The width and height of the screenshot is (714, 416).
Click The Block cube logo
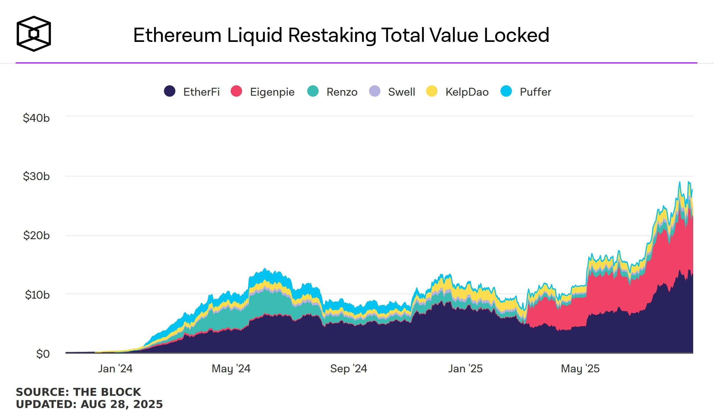[34, 34]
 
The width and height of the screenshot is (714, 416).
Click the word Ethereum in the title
[177, 35]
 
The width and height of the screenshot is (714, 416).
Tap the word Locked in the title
[516, 35]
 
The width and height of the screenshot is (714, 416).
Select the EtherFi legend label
[201, 92]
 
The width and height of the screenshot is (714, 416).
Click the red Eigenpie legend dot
[236, 91]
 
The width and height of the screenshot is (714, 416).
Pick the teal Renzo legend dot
[313, 91]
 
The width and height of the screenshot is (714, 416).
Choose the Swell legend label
[401, 92]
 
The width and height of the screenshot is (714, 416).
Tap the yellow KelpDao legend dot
[432, 91]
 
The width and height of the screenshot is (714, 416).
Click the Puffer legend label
[535, 92]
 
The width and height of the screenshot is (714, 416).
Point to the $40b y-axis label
[36, 118]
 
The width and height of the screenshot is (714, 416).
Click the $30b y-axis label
[36, 176]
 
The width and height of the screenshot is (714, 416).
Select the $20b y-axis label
[36, 235]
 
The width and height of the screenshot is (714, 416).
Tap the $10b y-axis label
[37, 294]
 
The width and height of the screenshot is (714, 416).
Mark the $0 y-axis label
[43, 354]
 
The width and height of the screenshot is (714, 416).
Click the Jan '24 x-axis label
[115, 368]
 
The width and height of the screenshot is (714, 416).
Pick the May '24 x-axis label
[231, 368]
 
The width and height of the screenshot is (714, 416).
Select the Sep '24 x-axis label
[349, 368]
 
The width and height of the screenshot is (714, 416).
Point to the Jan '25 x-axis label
[465, 368]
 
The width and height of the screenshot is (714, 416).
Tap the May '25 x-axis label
[580, 368]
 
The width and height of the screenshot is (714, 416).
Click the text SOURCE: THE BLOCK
[79, 392]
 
